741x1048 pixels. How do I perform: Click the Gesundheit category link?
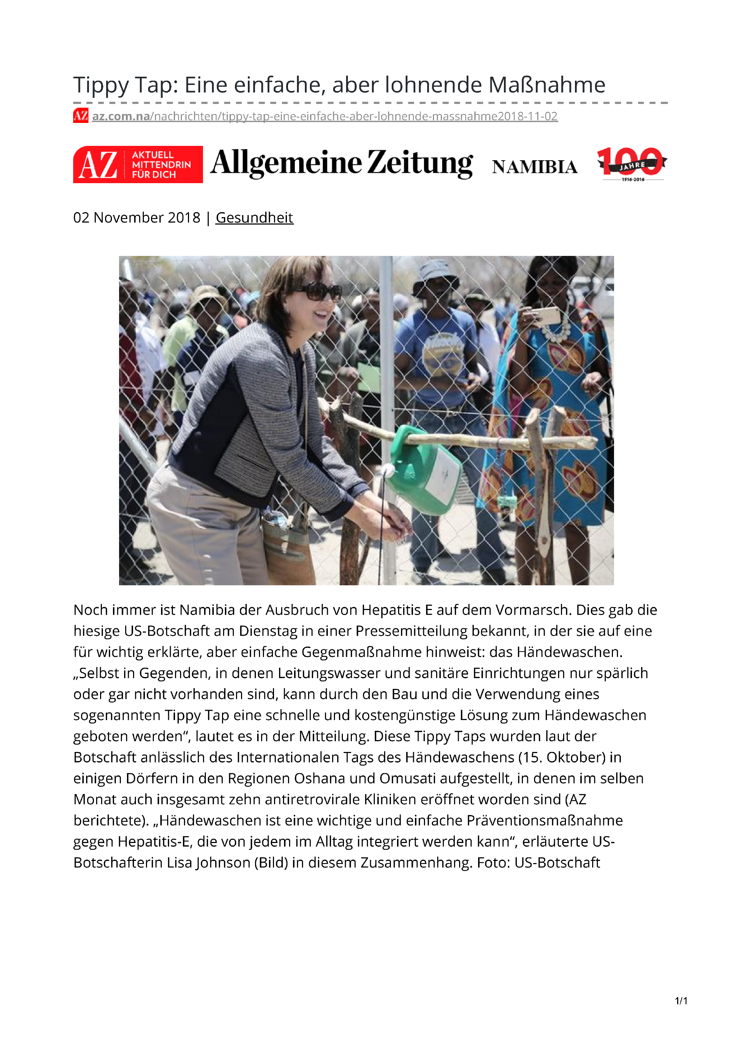254,218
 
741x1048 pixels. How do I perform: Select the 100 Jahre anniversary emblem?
632,163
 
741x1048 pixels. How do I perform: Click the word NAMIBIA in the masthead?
534,167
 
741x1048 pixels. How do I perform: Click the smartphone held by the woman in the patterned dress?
546,315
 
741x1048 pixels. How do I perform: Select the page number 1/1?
681,1001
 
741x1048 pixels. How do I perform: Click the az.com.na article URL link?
324,116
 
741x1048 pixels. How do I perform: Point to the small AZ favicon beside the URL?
80,116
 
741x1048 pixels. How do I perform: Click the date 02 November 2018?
137,218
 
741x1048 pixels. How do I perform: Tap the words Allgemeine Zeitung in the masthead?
341,163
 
